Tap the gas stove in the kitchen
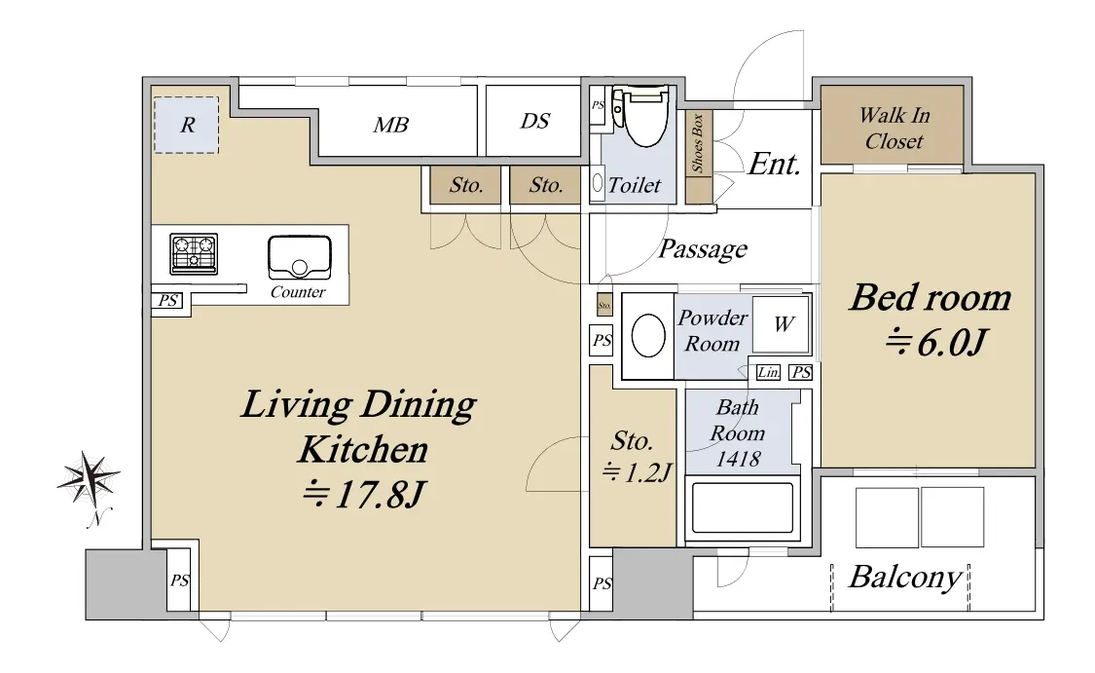[194, 253]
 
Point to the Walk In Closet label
[894, 128]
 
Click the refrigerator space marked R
[186, 125]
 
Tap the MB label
[390, 125]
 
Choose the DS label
[535, 121]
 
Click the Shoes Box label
[697, 143]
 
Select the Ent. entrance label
[774, 165]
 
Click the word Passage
[703, 248]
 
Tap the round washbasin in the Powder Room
[648, 335]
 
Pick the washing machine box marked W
[783, 324]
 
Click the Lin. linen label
[768, 372]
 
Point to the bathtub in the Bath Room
[742, 507]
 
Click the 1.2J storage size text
[637, 472]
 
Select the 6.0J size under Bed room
[935, 343]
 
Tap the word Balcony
[906, 578]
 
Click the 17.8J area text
[363, 494]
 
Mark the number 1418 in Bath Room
[738, 459]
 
